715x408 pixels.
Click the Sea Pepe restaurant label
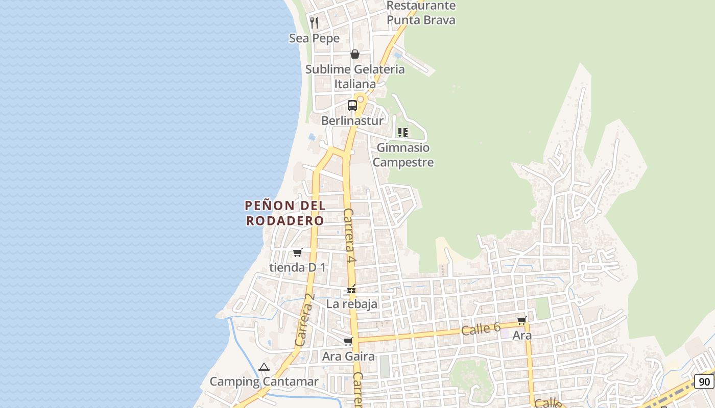[x=314, y=38]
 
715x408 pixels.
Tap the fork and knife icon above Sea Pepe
[x=314, y=22]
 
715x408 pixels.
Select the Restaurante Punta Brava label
[x=421, y=13]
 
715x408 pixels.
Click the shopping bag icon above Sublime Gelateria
[x=355, y=54]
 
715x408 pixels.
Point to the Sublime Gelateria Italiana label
[x=355, y=76]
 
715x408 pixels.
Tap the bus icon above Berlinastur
[x=352, y=106]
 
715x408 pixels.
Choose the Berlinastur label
[x=352, y=121]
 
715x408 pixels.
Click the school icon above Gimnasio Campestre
[x=403, y=133]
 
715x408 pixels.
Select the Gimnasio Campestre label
[x=403, y=155]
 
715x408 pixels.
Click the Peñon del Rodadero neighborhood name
[x=285, y=213]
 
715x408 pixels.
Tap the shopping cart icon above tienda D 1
[x=298, y=252]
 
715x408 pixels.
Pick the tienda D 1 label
[x=297, y=267]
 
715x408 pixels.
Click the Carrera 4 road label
[x=349, y=235]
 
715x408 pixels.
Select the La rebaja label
[x=352, y=304]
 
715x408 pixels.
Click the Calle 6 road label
[x=481, y=329]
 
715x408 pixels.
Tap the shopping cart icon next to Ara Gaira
[x=348, y=341]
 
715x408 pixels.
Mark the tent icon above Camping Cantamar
[x=264, y=367]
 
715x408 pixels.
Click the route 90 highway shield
[x=704, y=381]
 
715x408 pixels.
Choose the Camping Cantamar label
[x=264, y=381]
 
